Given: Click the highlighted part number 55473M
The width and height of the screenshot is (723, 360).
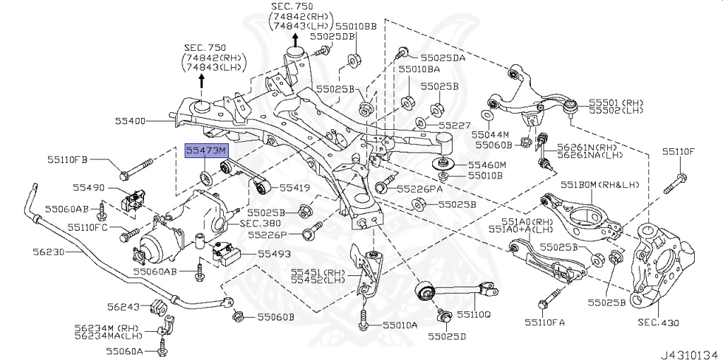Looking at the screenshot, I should (206, 151).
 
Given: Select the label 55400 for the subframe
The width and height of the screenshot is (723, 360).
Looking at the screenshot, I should (130, 121).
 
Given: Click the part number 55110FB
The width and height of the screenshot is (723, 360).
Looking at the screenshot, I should (68, 160).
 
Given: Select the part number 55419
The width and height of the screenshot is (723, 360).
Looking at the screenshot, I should (294, 188).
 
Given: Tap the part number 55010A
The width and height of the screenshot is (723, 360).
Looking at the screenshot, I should (400, 325).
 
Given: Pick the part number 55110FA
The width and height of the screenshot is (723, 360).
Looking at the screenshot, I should (544, 323).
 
